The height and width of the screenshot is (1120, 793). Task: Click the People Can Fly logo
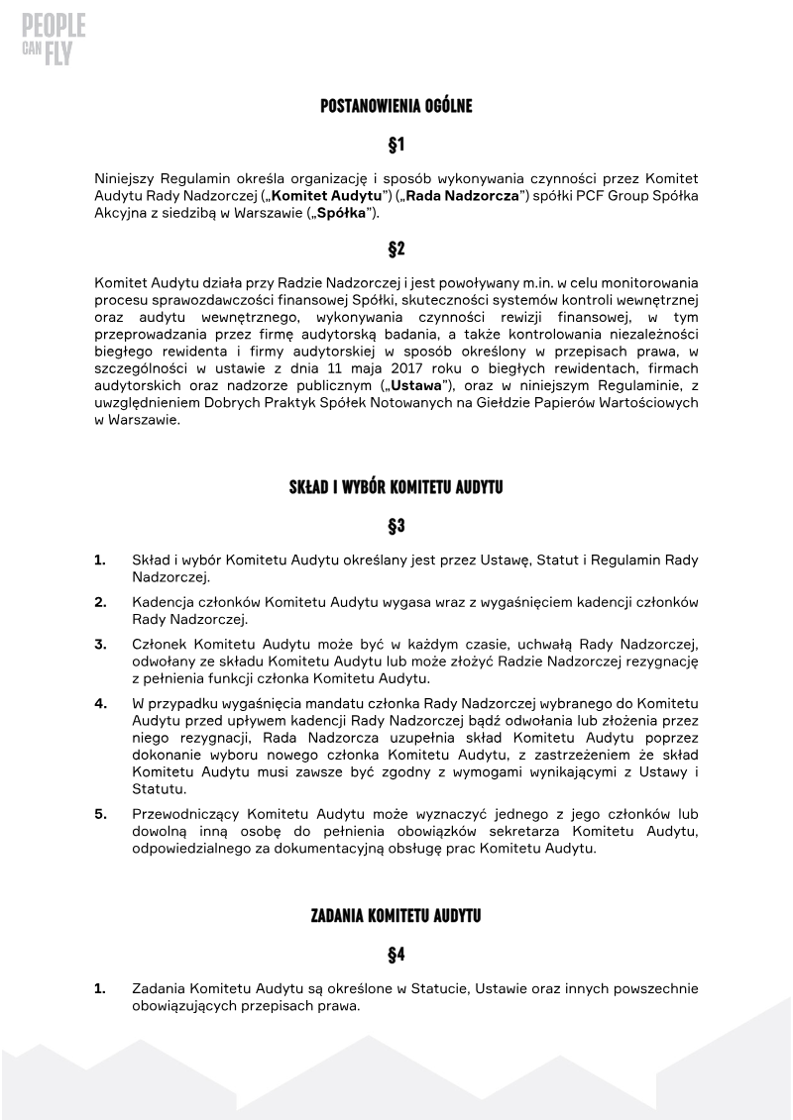coord(54,40)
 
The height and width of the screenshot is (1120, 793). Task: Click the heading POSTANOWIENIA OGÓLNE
coord(396,106)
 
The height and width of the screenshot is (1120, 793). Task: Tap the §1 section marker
coord(396,145)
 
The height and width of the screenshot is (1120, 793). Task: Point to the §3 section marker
coord(396,526)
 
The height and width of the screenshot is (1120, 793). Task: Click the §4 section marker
coord(396,955)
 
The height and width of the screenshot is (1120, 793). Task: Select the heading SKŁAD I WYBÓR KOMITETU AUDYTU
coord(396,487)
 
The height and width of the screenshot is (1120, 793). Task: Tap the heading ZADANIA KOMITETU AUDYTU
coord(396,916)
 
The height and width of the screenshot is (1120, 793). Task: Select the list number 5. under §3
coord(100,814)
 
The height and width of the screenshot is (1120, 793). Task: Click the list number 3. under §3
coord(100,645)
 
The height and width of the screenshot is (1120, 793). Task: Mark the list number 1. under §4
coord(100,988)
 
